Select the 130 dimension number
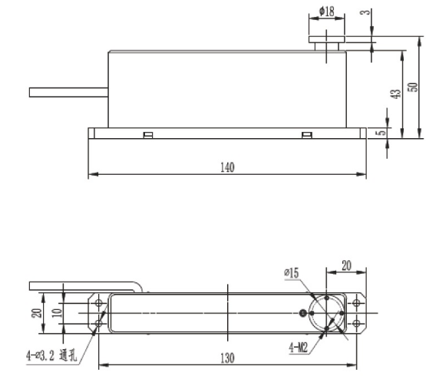click(228, 358)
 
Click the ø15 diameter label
click(292, 272)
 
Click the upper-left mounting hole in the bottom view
click(99, 302)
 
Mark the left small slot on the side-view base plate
click(147, 137)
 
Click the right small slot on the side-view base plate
click(307, 137)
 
